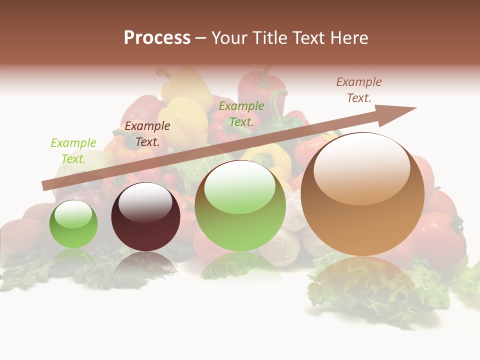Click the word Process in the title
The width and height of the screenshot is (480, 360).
point(157,38)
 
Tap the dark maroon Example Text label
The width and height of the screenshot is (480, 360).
point(147,134)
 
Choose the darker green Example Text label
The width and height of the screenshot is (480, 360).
point(241,113)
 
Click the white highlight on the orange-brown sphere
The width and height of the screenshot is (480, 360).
point(362,167)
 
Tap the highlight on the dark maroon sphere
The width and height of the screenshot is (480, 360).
point(145,201)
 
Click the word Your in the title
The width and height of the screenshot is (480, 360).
point(228,38)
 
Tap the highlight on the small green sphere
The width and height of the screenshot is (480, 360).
point(73,214)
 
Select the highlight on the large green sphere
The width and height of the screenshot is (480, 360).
point(240,186)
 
